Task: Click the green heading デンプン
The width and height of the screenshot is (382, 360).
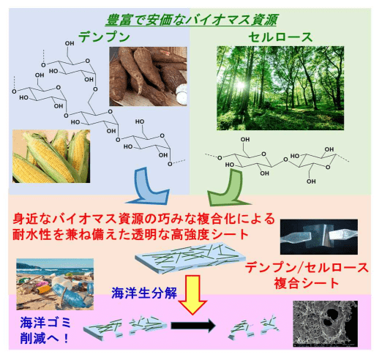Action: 104,37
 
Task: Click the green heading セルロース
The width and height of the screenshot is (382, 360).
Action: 280,37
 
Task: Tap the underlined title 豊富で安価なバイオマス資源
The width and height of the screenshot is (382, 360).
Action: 192,20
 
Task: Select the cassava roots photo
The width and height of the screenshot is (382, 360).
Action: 148,76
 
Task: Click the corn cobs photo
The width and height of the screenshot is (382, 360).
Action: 51,156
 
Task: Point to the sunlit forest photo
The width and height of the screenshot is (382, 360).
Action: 280,88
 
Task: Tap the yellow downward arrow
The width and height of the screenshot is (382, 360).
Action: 192,295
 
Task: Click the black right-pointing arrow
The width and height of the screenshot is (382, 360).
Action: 193,326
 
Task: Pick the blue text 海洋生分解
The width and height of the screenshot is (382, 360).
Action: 144,293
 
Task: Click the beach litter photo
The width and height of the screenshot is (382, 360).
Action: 55,285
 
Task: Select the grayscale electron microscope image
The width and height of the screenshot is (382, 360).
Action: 326,323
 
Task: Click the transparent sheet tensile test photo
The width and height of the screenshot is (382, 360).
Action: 319,237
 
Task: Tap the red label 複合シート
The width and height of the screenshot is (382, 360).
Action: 307,283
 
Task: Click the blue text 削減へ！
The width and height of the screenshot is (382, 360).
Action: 45,338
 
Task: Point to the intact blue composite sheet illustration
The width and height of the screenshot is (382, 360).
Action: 190,258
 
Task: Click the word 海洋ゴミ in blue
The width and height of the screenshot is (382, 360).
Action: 45,323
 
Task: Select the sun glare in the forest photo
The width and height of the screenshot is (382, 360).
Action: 240,86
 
